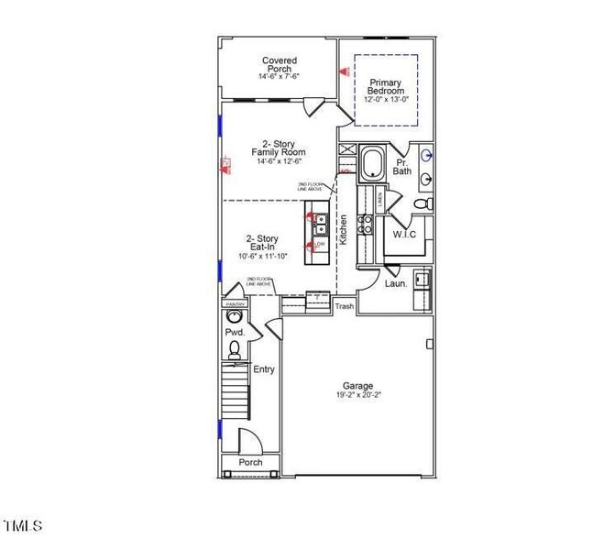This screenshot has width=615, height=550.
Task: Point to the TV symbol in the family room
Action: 225,166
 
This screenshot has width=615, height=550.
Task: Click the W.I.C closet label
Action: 404,234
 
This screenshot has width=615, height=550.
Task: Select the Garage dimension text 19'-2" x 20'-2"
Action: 357,395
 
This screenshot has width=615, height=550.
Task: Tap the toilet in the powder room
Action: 234,349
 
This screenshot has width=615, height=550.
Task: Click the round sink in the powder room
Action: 233,318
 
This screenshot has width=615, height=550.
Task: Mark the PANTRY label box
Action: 235,303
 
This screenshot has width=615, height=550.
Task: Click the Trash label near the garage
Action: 345,307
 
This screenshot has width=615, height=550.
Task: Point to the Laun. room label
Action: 396,283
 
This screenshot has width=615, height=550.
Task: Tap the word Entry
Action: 264,369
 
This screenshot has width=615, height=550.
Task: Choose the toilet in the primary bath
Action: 422,203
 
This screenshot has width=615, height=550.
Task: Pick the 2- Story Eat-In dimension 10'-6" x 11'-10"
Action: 262,257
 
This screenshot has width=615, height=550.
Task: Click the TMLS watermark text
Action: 23,526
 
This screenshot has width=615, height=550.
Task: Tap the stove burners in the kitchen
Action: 364,224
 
